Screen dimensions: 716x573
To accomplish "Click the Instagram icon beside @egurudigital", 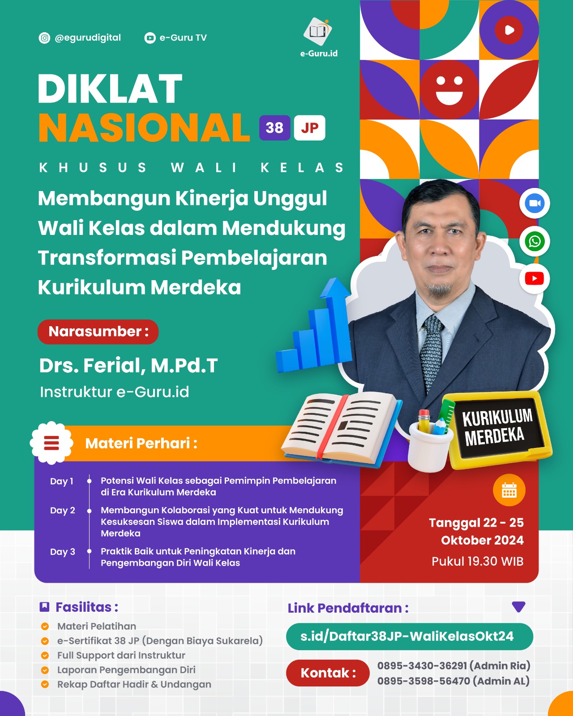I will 44,38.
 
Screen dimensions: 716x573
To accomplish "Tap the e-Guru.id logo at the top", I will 318,32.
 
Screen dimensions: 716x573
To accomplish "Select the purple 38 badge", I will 274,128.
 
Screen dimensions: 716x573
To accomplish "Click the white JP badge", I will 309,128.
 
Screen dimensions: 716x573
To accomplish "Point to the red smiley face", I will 449,89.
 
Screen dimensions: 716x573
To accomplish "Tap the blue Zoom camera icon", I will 535,203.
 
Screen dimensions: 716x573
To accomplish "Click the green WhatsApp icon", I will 535,242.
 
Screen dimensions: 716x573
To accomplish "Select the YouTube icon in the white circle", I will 535,279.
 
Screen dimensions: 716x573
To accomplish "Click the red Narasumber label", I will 98,332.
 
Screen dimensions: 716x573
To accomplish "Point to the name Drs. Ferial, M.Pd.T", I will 128,366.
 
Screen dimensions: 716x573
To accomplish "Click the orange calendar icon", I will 509,490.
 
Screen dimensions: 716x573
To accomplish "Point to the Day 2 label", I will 63,511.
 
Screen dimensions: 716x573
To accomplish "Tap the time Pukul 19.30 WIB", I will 477,562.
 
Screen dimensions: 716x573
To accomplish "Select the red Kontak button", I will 328,673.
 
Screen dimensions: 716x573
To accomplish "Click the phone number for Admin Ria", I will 422,666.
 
